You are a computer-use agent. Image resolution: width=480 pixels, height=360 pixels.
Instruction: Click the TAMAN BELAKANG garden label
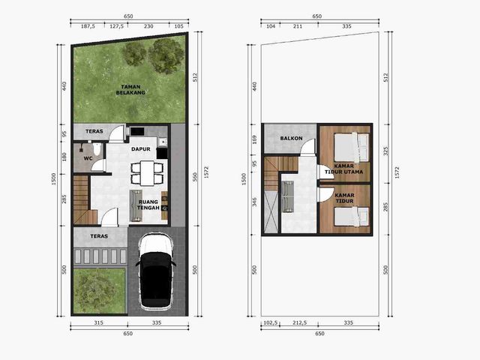click(x=130, y=90)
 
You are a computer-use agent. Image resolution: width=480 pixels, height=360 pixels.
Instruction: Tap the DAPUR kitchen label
click(x=141, y=149)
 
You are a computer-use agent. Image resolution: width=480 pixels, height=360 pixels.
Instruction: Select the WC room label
click(x=88, y=158)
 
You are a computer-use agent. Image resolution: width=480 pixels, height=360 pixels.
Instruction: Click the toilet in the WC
click(x=97, y=148)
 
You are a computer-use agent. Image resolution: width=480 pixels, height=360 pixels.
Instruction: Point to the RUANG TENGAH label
click(x=148, y=205)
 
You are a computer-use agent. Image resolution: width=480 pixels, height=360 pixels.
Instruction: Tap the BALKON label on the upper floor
click(x=291, y=138)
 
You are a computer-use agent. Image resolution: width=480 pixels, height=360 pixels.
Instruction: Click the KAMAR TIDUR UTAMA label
click(x=343, y=169)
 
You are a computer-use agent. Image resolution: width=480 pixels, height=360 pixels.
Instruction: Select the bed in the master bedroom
click(x=351, y=148)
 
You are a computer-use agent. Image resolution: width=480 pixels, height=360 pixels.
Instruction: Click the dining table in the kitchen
click(x=147, y=173)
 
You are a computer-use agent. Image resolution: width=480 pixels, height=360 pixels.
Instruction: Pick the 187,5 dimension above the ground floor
click(x=88, y=26)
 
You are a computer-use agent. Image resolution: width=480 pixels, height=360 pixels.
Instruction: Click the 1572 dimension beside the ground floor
click(x=206, y=172)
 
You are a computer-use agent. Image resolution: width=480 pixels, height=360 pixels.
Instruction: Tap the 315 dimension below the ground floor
click(x=98, y=322)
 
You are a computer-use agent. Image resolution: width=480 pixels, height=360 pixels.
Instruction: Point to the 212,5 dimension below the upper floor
click(x=299, y=322)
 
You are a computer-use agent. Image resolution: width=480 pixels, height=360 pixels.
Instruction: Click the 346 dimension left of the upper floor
click(x=254, y=202)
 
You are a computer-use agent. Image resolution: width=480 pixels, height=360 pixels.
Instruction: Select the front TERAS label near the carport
click(x=99, y=236)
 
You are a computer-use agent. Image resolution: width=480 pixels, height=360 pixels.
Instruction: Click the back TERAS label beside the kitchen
click(x=94, y=131)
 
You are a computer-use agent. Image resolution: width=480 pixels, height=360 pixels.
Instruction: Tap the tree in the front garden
click(x=96, y=290)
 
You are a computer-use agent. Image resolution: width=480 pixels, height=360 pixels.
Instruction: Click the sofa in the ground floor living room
click(x=136, y=205)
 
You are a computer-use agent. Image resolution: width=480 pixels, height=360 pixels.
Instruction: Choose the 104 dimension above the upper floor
click(x=271, y=26)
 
